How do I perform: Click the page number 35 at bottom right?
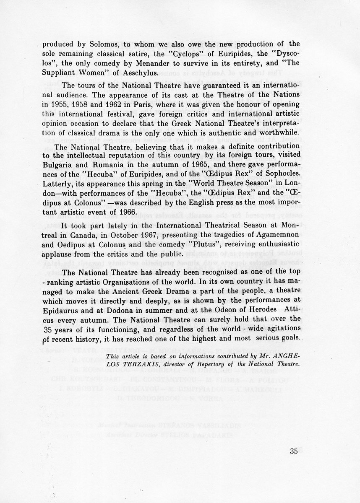click(x=293, y=451)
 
